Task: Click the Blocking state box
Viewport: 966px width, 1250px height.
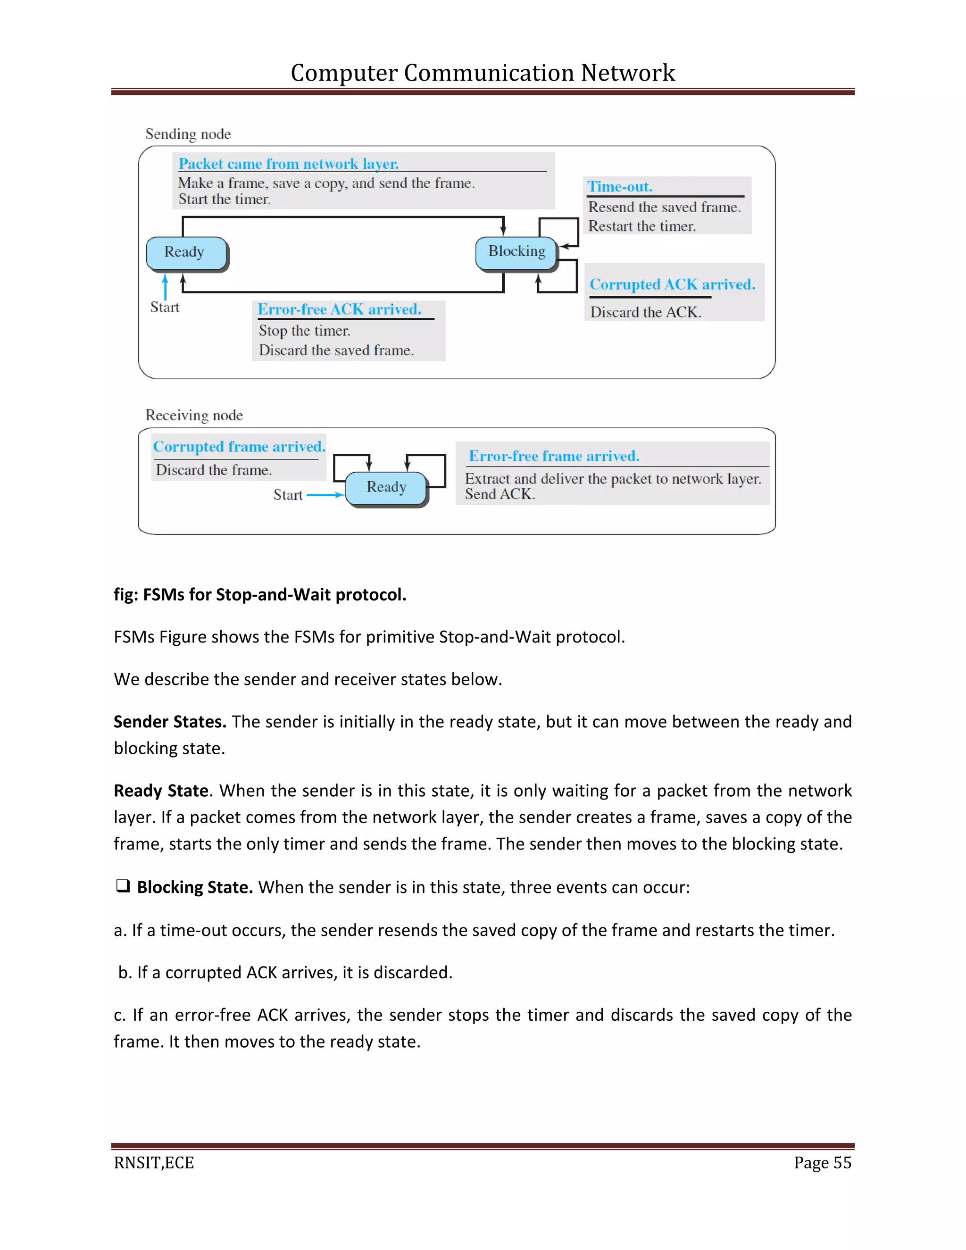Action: click(516, 252)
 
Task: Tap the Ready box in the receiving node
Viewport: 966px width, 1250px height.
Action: click(386, 488)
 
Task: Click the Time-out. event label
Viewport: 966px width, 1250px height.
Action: click(620, 187)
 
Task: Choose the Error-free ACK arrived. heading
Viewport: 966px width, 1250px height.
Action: click(339, 309)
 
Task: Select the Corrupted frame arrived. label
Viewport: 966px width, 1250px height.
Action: click(239, 446)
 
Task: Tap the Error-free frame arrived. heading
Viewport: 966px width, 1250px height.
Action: click(553, 456)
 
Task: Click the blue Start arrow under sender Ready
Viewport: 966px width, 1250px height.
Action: click(166, 286)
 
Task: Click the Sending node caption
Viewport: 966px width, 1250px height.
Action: click(188, 134)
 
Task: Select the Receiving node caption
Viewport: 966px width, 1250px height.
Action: click(194, 415)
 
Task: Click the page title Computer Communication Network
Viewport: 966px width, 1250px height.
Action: click(483, 73)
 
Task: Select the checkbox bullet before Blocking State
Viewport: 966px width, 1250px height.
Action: click(123, 886)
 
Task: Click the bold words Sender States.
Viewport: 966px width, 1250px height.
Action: click(169, 722)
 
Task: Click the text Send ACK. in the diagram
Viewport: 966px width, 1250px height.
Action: click(500, 494)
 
